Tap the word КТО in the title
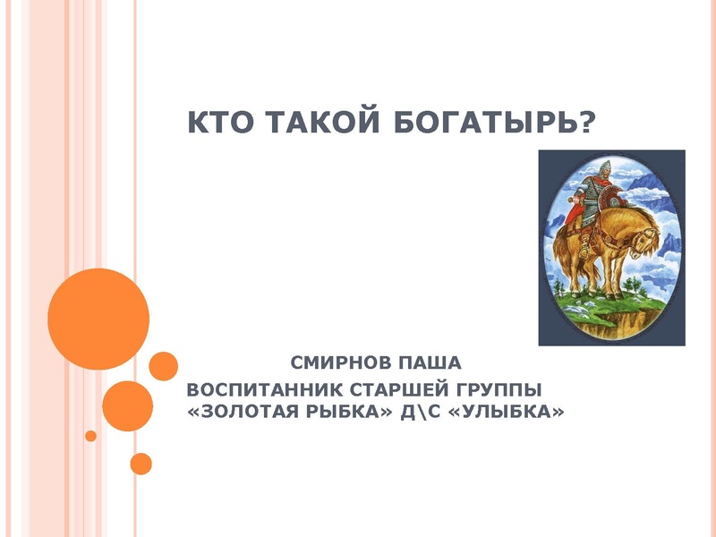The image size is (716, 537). click(x=218, y=120)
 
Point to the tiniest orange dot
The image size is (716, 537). click(x=90, y=436)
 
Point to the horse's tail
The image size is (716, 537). click(x=559, y=246)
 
